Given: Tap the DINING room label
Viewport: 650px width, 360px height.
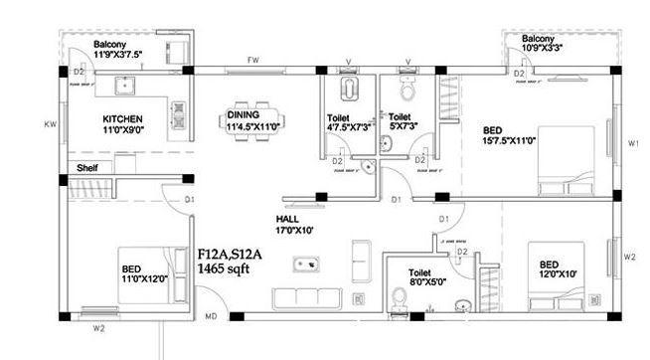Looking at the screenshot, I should click(x=244, y=115).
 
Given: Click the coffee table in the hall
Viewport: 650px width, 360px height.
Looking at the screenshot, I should click(x=305, y=265).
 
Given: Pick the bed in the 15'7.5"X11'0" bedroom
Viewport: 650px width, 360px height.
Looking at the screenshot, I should click(x=568, y=160).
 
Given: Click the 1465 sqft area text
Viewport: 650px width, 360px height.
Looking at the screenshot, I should click(x=224, y=269).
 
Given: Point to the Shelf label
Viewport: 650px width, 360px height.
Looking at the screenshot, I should click(x=87, y=169).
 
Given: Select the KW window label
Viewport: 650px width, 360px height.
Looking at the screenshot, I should click(x=50, y=124).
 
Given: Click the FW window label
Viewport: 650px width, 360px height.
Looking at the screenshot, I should click(x=253, y=61).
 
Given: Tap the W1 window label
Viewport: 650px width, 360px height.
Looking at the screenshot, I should click(x=633, y=144).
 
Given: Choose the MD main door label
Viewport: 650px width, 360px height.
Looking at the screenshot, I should click(x=212, y=317).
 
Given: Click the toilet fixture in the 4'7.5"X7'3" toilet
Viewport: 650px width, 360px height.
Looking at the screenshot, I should click(x=348, y=91).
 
